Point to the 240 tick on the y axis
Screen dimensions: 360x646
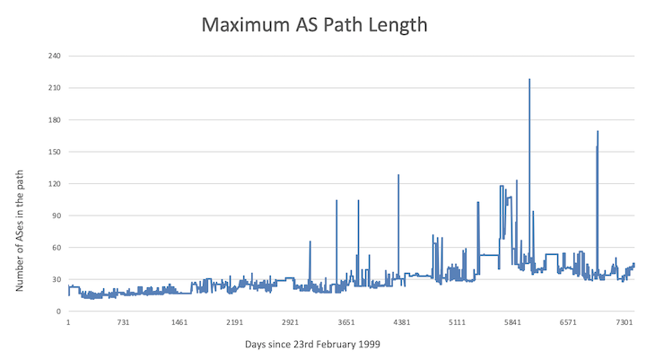click(x=53, y=57)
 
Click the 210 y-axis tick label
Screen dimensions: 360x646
click(x=53, y=88)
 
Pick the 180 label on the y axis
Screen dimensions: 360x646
click(x=53, y=120)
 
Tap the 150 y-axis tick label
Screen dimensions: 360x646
click(x=53, y=152)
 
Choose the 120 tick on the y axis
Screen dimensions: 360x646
click(x=53, y=184)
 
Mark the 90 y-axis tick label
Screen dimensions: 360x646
click(x=55, y=215)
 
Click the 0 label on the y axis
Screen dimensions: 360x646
click(x=57, y=312)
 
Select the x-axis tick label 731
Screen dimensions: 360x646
click(x=124, y=322)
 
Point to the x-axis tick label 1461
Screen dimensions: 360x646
click(x=179, y=322)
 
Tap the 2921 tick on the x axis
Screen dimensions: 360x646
click(x=291, y=322)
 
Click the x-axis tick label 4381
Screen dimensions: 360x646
click(x=402, y=322)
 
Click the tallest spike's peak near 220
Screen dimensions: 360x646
click(x=529, y=79)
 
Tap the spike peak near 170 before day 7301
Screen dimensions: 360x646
click(x=598, y=132)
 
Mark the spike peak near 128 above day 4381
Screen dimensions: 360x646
click(x=398, y=175)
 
